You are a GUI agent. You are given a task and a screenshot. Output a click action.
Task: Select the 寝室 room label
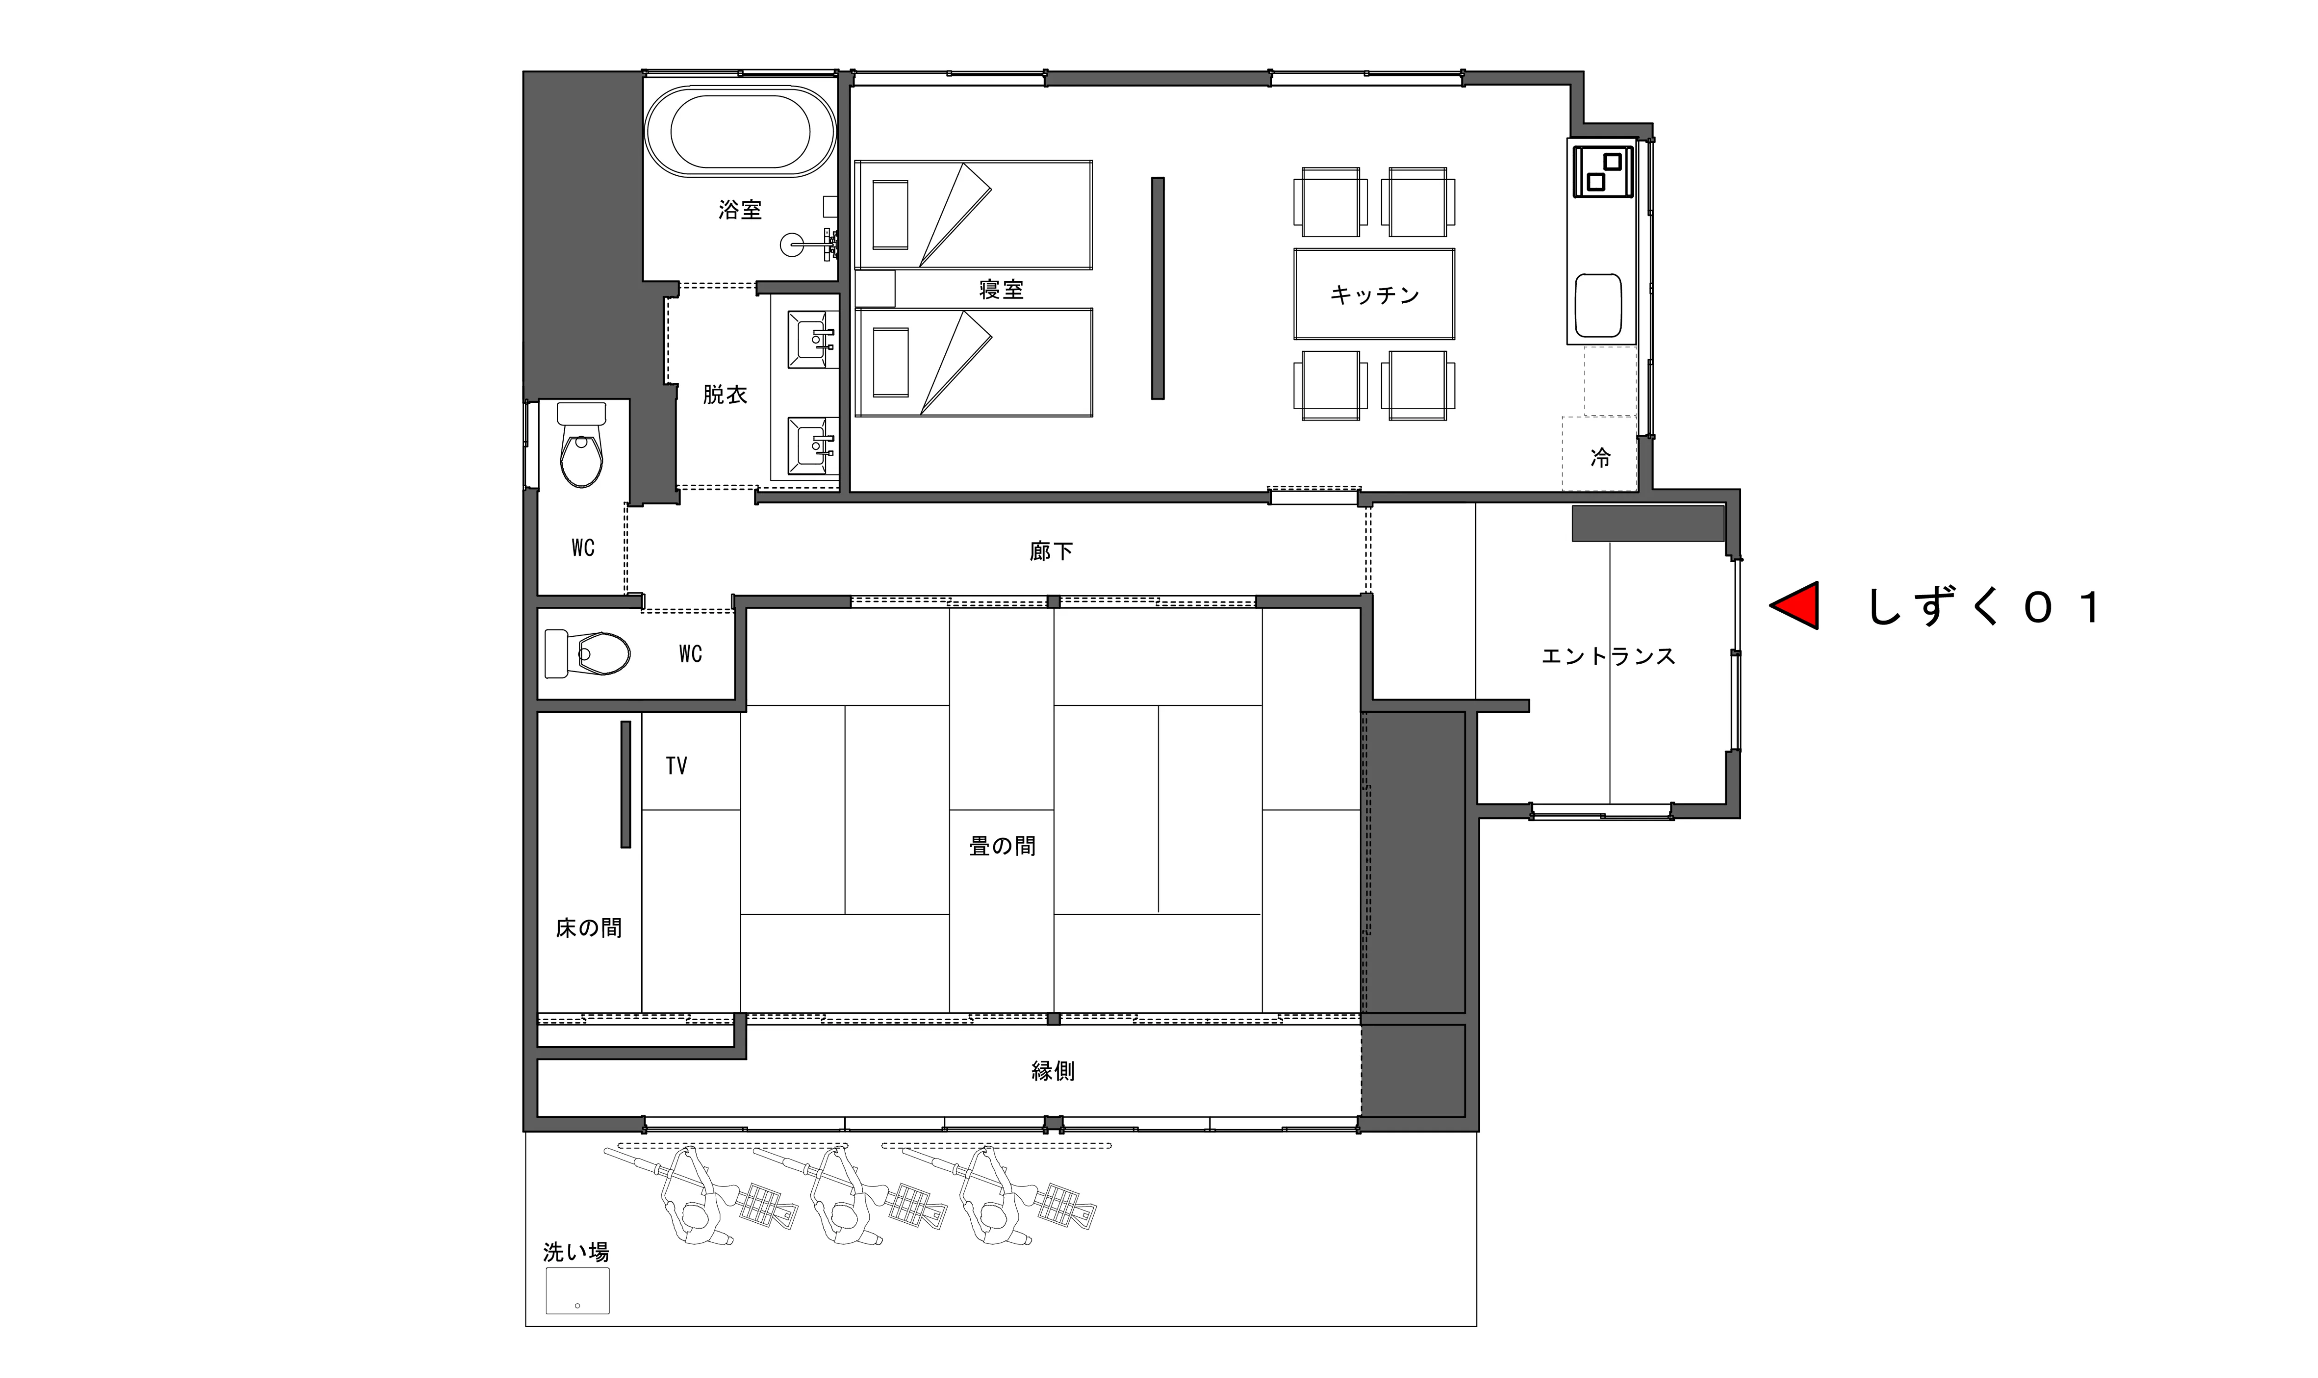[1001, 290]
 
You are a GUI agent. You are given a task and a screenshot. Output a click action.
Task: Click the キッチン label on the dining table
[1375, 294]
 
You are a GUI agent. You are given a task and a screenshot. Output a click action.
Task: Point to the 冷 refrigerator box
[1599, 455]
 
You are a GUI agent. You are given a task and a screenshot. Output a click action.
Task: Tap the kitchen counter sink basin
[1599, 305]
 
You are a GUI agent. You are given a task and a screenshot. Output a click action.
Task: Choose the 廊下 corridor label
[1051, 552]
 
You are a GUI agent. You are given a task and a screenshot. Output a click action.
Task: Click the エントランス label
[1609, 656]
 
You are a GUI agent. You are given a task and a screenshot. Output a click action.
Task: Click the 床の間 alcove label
[589, 927]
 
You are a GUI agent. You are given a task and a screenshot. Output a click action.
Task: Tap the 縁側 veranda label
[1053, 1071]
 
